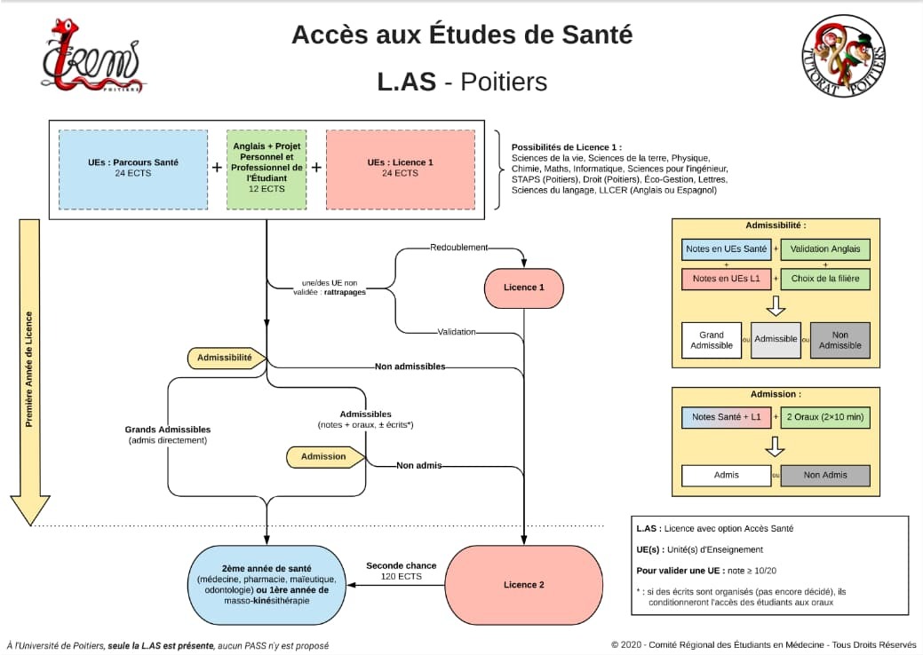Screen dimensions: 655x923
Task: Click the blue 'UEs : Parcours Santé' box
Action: click(133, 169)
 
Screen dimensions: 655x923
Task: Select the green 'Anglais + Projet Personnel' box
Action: click(267, 169)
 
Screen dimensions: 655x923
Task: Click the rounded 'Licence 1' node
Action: click(524, 288)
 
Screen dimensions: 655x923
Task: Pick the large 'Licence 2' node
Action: click(524, 585)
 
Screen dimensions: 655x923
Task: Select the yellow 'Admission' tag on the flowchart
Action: click(325, 456)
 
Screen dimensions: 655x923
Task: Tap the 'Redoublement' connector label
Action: click(459, 246)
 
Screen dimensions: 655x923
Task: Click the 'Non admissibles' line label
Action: click(410, 366)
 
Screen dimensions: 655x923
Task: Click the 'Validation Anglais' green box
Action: click(825, 249)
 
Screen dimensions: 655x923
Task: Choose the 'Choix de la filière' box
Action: click(825, 279)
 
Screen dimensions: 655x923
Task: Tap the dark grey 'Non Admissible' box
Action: click(840, 340)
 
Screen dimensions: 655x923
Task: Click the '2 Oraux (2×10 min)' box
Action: click(825, 417)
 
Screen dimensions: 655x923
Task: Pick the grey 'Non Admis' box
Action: click(825, 475)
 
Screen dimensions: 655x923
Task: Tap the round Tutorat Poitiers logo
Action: click(844, 57)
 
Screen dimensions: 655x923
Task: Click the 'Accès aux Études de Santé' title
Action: click(462, 36)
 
